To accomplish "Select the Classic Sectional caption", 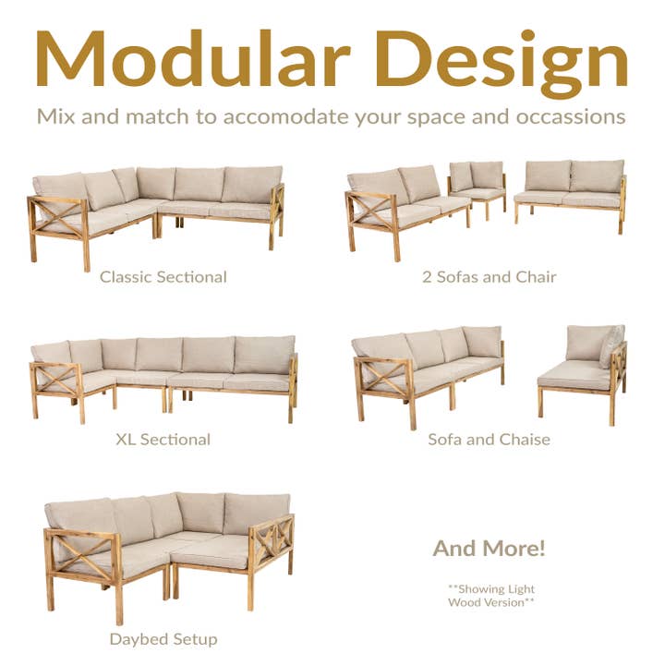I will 163,276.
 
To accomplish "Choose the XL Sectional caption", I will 163,439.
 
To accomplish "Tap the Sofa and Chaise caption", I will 489,439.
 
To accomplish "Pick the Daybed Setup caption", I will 163,638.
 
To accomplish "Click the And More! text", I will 489,548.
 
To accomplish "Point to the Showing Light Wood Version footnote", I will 490,596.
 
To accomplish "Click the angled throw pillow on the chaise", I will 611,345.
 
